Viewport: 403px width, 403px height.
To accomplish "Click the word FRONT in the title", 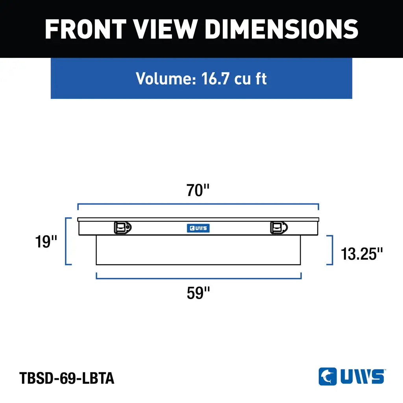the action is pos(85,29).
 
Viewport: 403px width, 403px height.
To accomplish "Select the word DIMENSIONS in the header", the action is pos(282,29).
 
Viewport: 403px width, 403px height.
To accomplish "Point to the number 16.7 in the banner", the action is pos(215,78).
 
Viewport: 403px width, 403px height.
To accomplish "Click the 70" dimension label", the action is pos(198,190).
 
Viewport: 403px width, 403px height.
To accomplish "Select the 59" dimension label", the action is pos(198,293).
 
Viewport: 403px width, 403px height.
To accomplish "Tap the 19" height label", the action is pos(46,242).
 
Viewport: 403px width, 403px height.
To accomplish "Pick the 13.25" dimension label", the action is pos(362,254).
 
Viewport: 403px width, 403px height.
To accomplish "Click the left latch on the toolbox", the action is pos(123,228).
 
